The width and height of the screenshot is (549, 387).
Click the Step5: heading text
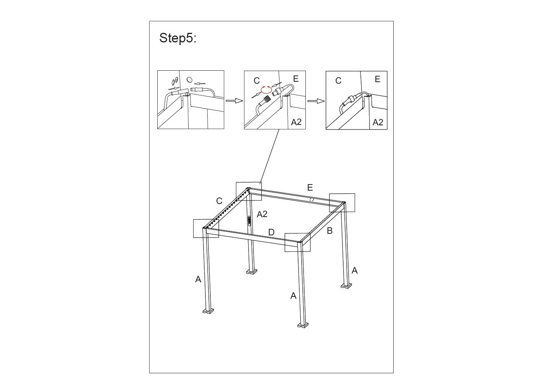pos(178,38)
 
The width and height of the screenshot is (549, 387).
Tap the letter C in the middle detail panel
pos(257,81)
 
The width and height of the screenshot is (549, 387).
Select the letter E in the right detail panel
pos(378,79)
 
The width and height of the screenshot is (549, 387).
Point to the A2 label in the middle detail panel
pos(296,122)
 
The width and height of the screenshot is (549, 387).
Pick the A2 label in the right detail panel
pos(378,122)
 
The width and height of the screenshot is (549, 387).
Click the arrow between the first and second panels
pos(234,100)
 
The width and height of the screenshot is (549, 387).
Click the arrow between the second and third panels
pos(316,101)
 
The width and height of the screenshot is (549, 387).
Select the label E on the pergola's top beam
pos(310,188)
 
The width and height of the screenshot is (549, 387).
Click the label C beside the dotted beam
pos(219,201)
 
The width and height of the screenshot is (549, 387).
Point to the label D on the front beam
pos(271,232)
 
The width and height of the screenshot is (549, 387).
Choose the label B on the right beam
pos(329,230)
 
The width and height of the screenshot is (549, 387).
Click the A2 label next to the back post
pos(262,214)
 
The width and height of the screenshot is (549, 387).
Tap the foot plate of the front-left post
pos(208,311)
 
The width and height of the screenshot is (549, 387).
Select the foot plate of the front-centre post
pos(303,325)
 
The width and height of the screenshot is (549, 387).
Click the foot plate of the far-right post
pos(346,285)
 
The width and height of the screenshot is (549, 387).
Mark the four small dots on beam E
pos(312,200)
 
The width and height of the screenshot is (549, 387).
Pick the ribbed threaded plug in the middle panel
pos(266,100)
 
